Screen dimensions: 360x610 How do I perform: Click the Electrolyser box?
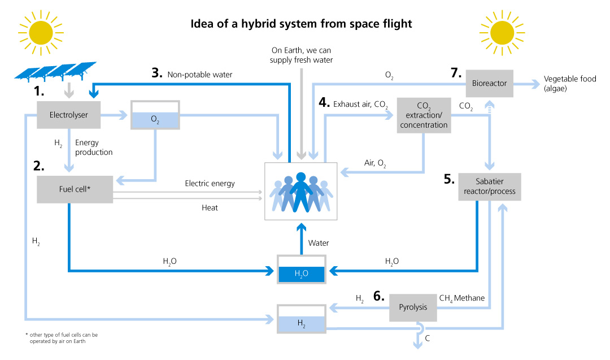[68, 115]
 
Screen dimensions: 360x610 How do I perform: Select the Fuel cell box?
[75, 189]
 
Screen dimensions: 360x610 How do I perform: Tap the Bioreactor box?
[490, 84]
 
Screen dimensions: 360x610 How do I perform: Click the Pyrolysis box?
[413, 307]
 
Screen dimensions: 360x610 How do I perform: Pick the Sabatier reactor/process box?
[489, 186]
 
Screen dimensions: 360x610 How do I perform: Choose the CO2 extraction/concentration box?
[424, 115]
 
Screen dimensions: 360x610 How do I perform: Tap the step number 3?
[156, 73]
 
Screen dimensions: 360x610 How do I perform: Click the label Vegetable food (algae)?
[569, 84]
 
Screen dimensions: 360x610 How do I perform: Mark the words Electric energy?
[210, 184]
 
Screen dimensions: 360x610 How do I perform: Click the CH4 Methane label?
[462, 298]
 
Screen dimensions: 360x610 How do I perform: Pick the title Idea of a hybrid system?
[302, 24]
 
